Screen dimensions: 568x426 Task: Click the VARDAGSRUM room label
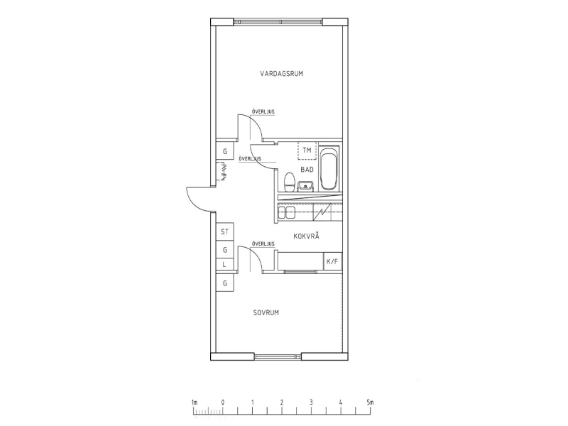pos(281,74)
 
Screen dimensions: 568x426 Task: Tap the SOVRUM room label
pos(266,312)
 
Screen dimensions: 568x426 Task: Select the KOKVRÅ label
pos(307,236)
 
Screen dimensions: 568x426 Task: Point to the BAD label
pos(307,170)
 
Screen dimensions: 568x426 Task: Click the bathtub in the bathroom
pos(329,168)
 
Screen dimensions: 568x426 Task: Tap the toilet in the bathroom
pos(289,182)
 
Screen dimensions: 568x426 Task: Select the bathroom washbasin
pos(306,186)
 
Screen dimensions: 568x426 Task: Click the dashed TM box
pos(307,151)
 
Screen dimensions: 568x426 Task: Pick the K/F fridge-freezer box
pos(332,261)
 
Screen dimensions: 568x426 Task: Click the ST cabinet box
pos(225,231)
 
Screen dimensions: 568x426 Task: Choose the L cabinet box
pos(225,264)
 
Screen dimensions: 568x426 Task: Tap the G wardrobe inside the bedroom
pos(225,283)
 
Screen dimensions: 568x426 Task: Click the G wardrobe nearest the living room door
pos(225,151)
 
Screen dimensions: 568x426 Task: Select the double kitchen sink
pos(286,212)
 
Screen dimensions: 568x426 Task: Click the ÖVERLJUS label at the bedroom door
pos(263,244)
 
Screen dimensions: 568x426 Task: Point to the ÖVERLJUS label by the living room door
pos(263,112)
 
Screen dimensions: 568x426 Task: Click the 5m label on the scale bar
pos(370,403)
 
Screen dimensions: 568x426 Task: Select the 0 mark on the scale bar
pos(223,403)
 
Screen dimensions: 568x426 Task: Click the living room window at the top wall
pos(278,22)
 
